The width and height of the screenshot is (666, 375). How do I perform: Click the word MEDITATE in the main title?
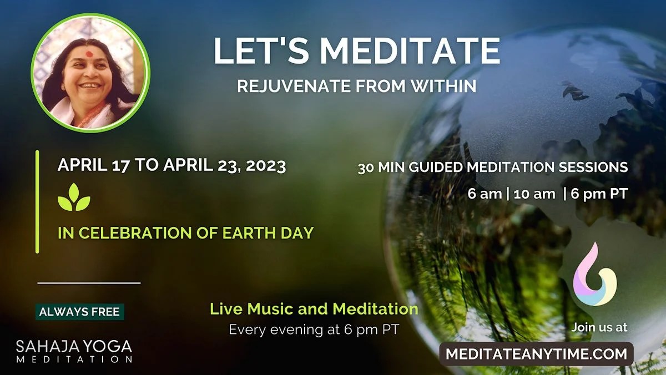(x=410, y=51)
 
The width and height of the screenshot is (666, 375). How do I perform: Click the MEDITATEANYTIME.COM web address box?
(x=536, y=353)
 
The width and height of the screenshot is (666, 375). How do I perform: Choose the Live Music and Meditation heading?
(x=314, y=308)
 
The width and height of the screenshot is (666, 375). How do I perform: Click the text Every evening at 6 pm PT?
(x=314, y=329)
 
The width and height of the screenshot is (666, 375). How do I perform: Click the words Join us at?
(x=599, y=327)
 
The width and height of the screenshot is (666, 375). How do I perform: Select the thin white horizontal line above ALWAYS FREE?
(x=89, y=283)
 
